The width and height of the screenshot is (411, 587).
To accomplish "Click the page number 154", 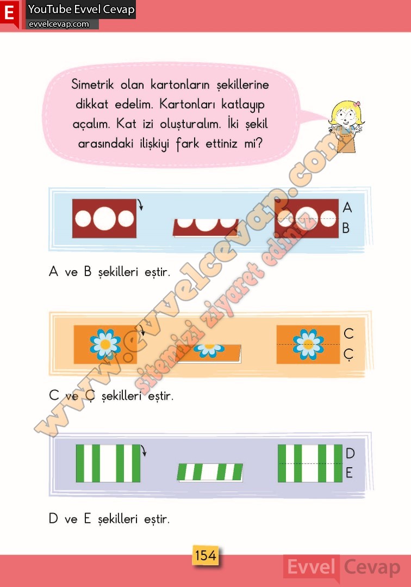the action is click(205, 555).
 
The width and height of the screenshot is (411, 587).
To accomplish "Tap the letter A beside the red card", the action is click(347, 207).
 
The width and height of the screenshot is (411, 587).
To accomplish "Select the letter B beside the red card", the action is click(346, 228).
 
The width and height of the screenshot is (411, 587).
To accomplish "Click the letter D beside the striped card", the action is click(350, 454).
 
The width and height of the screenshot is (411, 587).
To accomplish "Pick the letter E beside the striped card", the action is click(349, 473).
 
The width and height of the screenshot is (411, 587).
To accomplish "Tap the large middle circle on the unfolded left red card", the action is click(104, 218).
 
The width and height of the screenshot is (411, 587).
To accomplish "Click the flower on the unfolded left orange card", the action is click(105, 344).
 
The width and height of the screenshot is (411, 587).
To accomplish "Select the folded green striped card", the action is click(210, 472).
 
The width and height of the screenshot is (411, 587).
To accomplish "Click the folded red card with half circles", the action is click(205, 228).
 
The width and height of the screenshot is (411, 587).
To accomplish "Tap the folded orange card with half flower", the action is click(209, 354).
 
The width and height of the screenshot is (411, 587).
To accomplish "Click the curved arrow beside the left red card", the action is click(140, 205).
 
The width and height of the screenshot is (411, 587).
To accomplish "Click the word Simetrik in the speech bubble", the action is click(92, 84).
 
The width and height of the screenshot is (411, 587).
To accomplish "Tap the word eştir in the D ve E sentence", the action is click(157, 519).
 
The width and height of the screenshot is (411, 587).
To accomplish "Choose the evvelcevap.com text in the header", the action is click(59, 24).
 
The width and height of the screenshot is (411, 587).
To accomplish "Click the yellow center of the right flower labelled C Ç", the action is click(308, 344).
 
